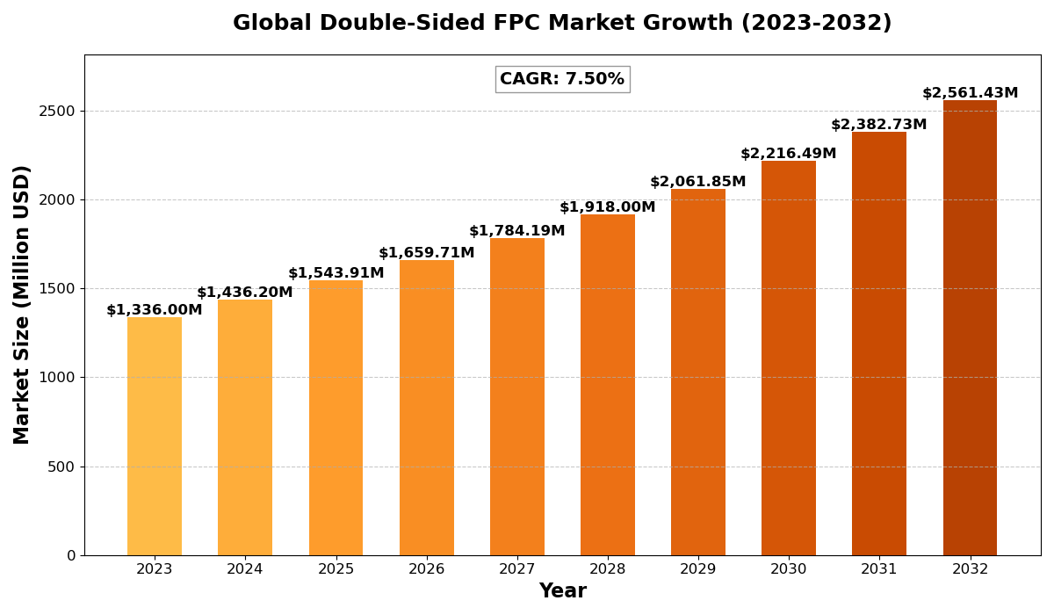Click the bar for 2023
click(155, 436)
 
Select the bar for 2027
click(517, 396)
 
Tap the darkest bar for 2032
click(970, 328)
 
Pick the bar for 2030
click(789, 358)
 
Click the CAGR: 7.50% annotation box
click(562, 79)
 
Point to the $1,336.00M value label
click(155, 310)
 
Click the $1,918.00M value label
click(608, 207)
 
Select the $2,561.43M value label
click(970, 93)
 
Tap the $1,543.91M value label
click(336, 273)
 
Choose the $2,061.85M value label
click(698, 182)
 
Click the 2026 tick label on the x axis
click(427, 569)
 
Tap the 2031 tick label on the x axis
click(879, 569)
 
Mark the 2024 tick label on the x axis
click(245, 569)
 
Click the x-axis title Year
click(562, 591)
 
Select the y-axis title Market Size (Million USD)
click(22, 304)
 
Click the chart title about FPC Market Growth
click(562, 24)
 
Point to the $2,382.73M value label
click(879, 125)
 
